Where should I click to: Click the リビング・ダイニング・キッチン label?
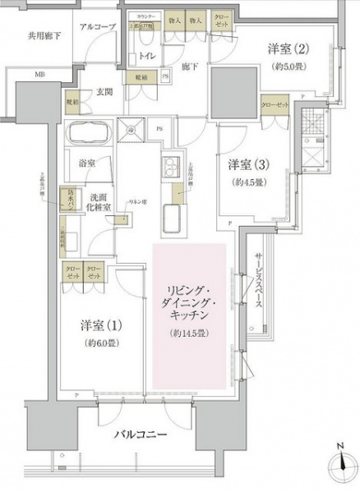(x=189, y=302)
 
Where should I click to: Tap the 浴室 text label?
(x=87, y=164)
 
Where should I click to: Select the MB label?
(x=40, y=75)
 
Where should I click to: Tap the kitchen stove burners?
(x=172, y=165)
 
